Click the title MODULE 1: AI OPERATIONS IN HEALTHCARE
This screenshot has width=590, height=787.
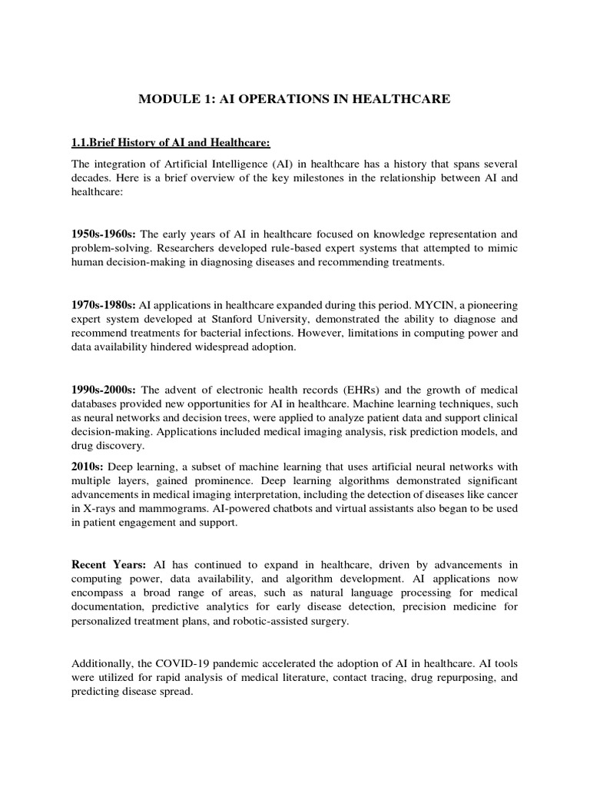click(x=294, y=98)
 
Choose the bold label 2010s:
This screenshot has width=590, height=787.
click(x=88, y=467)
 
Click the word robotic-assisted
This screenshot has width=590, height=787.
click(x=257, y=622)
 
